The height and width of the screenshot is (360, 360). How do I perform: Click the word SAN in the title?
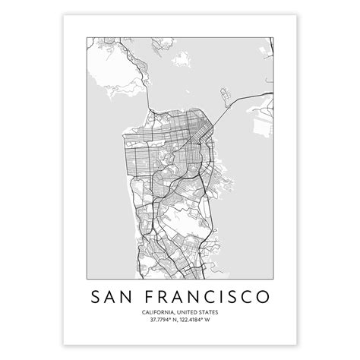(x=115, y=294)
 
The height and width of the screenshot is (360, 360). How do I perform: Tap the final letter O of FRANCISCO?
(x=261, y=294)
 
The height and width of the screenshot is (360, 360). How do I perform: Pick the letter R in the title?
(x=166, y=294)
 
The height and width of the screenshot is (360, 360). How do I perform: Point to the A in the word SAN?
(x=115, y=294)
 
